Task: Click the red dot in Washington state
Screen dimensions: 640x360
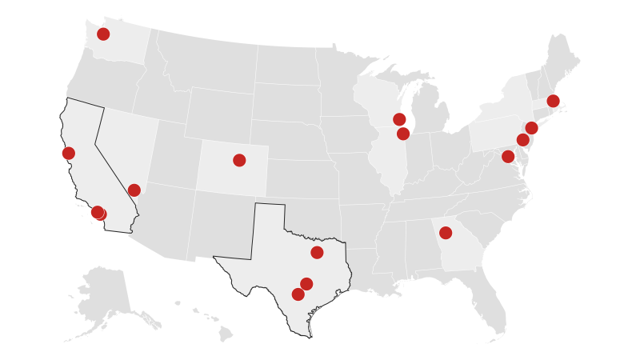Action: coord(103,34)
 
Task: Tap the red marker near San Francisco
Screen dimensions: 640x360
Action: coord(69,153)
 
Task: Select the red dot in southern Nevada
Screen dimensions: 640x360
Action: coord(134,190)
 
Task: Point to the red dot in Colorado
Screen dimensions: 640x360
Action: coord(239,160)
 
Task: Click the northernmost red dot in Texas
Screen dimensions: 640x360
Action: coord(317,253)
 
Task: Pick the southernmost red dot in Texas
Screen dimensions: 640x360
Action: coord(298,294)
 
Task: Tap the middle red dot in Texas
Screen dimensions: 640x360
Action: coord(306,284)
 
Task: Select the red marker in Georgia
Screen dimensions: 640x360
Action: coord(446,233)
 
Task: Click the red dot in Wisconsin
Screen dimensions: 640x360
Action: coord(399,119)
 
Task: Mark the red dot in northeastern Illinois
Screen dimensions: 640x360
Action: coord(403,134)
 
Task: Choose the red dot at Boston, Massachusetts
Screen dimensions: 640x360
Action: coord(553,101)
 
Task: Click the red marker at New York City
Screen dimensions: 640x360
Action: coord(531,128)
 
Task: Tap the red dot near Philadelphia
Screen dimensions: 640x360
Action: coord(523,140)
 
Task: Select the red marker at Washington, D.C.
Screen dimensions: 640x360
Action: coord(508,156)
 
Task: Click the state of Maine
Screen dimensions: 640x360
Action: coord(562,60)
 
